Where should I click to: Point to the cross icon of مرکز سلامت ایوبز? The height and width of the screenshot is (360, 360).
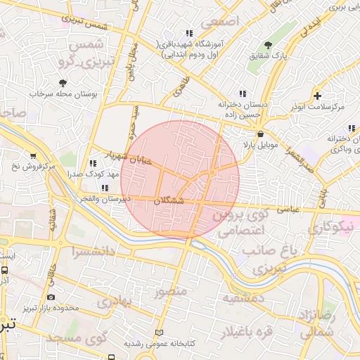pyautogui.click(x=318, y=96)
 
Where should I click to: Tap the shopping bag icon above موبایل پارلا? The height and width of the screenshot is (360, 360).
pyautogui.click(x=261, y=134)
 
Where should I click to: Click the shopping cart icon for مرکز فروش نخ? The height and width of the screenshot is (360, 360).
pyautogui.click(x=33, y=156)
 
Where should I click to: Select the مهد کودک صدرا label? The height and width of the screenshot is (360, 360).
pyautogui.click(x=96, y=173)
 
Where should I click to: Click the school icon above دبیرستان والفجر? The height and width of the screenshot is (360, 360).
pyautogui.click(x=105, y=188)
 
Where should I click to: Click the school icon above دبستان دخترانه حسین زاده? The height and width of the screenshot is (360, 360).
pyautogui.click(x=242, y=93)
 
